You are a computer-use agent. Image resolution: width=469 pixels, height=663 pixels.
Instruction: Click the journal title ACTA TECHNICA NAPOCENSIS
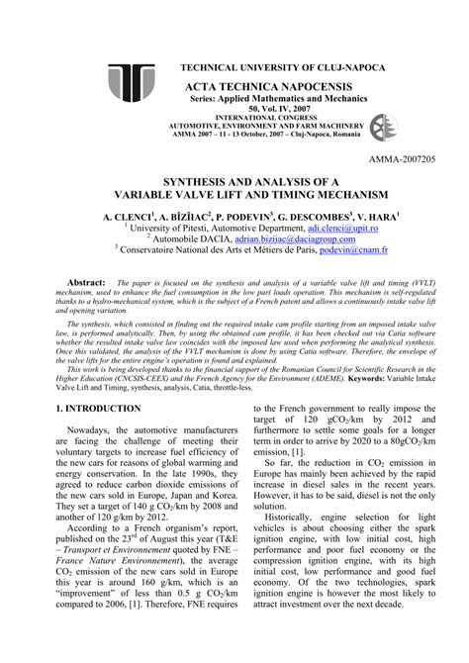(x=269, y=88)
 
